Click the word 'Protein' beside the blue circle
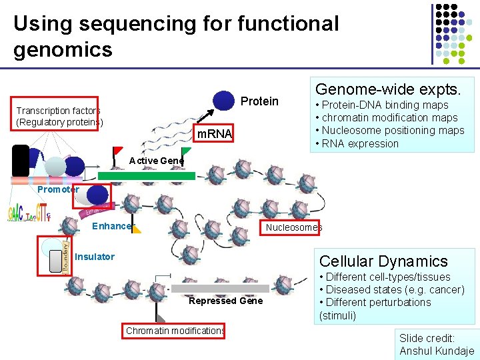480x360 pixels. coord(259,101)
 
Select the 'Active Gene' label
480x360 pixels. coord(156,161)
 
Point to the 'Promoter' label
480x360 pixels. coord(58,189)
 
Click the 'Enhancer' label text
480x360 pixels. coord(111,226)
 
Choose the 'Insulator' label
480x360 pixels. coord(95,257)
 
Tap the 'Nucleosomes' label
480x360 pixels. coord(293,227)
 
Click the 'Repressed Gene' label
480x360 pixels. coord(225,301)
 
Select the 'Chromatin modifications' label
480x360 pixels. coord(175,331)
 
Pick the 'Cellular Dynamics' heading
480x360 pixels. coord(383,261)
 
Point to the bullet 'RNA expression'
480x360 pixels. coord(360,143)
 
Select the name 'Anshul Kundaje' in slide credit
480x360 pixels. coord(437,351)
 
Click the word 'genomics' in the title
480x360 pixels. coord(63,49)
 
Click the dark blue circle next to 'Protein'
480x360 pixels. coord(224,100)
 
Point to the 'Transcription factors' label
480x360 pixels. coord(58,111)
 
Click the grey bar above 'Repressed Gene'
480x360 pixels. coord(220,289)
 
